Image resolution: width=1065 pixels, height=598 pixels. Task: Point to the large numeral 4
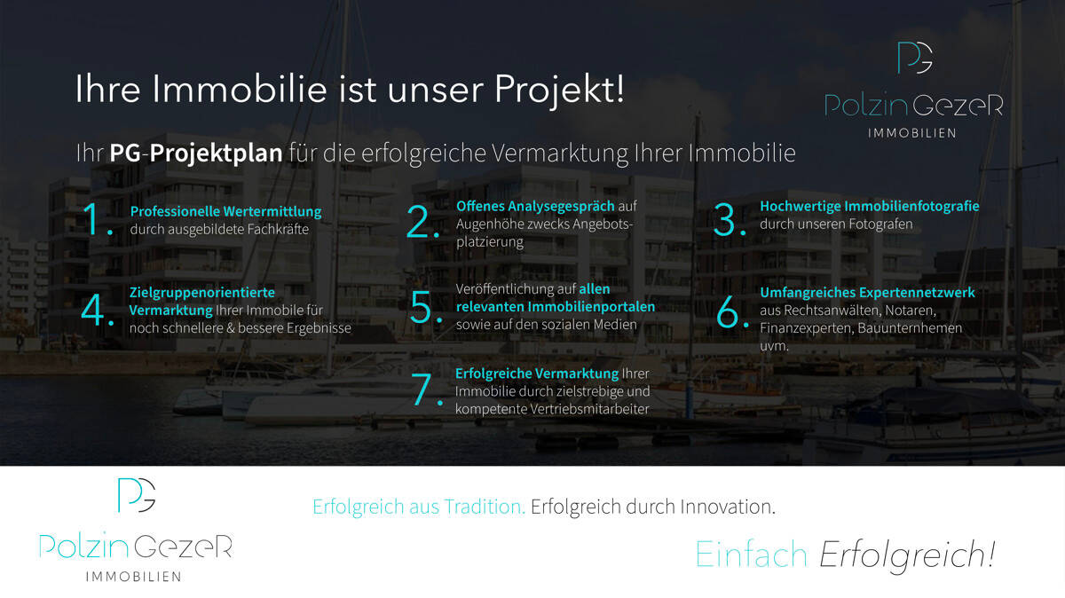(x=94, y=310)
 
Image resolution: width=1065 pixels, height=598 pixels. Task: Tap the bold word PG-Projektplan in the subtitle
(x=195, y=153)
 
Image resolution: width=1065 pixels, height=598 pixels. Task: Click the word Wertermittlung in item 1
(x=276, y=212)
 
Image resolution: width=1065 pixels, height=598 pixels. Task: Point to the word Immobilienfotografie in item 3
(x=911, y=206)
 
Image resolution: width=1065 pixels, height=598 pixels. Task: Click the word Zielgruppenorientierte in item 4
(x=202, y=292)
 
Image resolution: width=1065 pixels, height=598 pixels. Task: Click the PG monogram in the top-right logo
(x=914, y=58)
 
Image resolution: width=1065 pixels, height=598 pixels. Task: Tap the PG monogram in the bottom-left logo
(x=137, y=494)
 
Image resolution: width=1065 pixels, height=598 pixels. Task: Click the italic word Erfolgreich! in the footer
(x=906, y=555)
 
